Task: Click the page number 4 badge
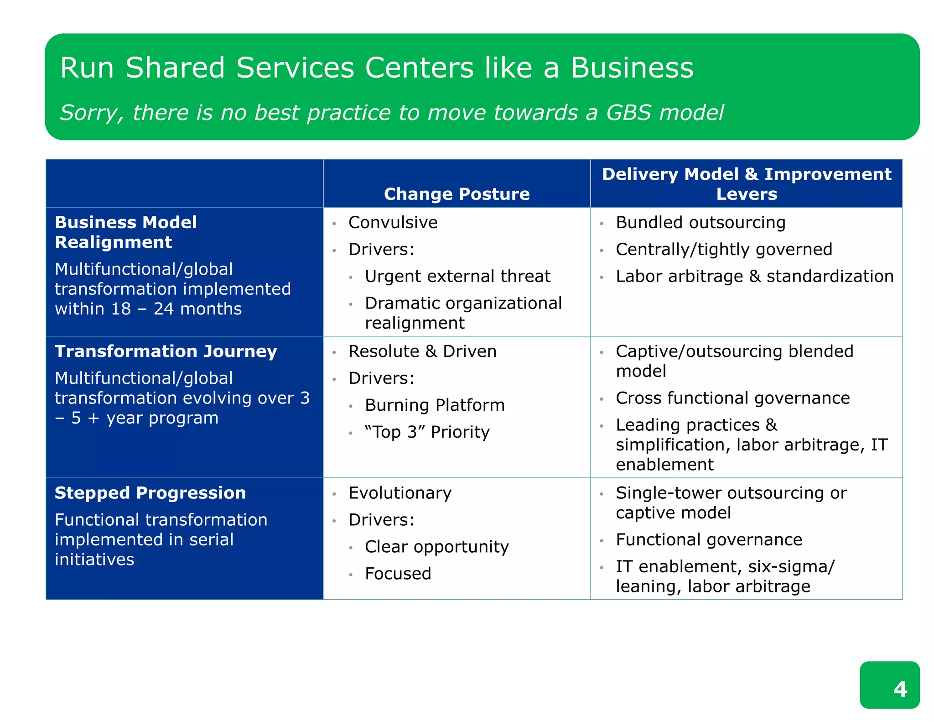[x=889, y=685]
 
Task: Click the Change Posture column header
[x=457, y=194]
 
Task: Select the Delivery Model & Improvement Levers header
[x=746, y=184]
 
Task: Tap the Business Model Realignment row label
[x=126, y=232]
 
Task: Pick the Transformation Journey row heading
[x=166, y=351]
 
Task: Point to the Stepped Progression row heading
[x=150, y=493]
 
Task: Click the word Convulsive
[x=393, y=222]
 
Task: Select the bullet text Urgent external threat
[x=457, y=276]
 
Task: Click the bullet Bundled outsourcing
[x=700, y=222]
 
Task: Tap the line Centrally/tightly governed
[x=724, y=249]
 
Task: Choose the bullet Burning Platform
[x=435, y=405]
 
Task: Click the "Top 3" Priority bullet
[x=427, y=432]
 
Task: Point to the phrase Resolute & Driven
[x=422, y=351]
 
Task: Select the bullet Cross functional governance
[x=732, y=398]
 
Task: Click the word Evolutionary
[x=400, y=493]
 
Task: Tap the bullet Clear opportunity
[x=436, y=547]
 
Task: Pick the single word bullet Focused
[x=398, y=574]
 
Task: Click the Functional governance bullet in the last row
[x=709, y=539]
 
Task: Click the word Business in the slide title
[x=632, y=68]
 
